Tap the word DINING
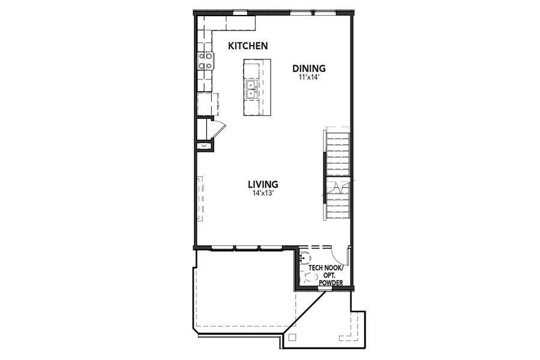[309, 68]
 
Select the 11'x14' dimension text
[309, 77]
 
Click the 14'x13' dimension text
[264, 193]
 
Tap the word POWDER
[331, 283]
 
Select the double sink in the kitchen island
[251, 90]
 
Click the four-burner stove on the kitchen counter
[205, 61]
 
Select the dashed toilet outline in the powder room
[310, 277]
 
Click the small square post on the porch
[292, 337]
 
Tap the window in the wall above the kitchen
[241, 11]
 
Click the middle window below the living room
[246, 247]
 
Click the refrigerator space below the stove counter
[205, 103]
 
